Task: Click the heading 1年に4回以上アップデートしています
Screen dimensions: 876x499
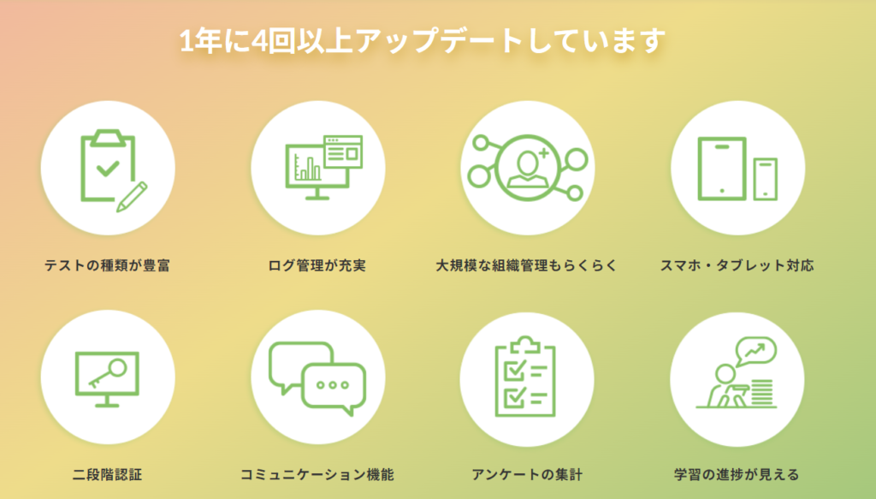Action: click(x=423, y=42)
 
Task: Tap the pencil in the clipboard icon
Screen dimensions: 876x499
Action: click(x=132, y=197)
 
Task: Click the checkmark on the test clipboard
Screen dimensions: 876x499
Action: click(x=108, y=168)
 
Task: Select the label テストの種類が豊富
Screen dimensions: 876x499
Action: click(x=107, y=264)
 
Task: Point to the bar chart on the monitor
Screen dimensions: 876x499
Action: click(x=307, y=167)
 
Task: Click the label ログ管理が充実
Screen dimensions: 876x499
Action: click(x=317, y=264)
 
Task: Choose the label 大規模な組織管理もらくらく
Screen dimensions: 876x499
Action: click(x=526, y=264)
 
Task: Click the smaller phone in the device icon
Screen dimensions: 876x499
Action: click(x=766, y=179)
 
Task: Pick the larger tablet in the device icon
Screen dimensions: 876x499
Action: click(x=722, y=169)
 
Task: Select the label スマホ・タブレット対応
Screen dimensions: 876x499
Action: click(x=737, y=264)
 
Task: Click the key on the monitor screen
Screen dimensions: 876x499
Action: click(x=108, y=374)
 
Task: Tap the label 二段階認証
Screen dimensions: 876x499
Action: click(x=107, y=474)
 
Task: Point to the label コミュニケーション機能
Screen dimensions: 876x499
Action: click(x=317, y=474)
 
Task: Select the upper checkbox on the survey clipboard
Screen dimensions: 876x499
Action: click(x=514, y=370)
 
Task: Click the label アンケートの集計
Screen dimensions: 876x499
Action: click(x=527, y=474)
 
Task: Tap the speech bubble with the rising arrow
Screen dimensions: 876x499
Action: click(x=756, y=351)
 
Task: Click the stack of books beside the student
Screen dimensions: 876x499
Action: click(x=762, y=392)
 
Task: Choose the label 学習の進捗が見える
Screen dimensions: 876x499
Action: click(x=737, y=474)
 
